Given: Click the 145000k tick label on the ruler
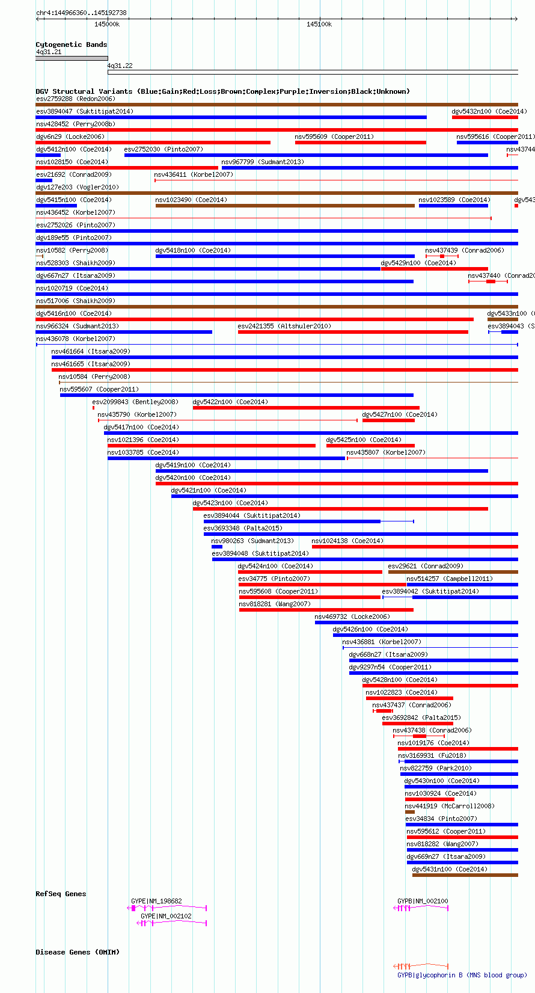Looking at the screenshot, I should pos(107,24).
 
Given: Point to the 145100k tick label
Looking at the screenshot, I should pos(319,24).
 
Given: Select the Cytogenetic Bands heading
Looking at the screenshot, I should pos(71,45).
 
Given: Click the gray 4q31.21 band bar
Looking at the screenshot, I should pos(72,58).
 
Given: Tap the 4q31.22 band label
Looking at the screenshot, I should pos(120,66).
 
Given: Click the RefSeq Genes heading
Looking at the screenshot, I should pos(61,894).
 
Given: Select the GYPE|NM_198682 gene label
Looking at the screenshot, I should pos(156,901).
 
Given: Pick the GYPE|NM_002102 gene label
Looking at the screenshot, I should pos(166,916).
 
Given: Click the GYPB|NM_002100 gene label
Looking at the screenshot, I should pos(423,901).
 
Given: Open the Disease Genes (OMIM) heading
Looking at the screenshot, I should pos(78,952).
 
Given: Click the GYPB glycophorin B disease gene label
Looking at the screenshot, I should pos(462,975).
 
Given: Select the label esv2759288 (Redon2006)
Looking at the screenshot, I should pos(75,99).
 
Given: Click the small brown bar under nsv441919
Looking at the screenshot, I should pos(410,812).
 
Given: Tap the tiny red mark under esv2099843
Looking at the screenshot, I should pos(93,408).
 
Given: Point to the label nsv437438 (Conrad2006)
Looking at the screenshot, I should pos(432,730).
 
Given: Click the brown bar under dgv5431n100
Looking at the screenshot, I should pos(465,875).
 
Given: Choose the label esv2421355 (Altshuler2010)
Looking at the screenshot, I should pos(284,326).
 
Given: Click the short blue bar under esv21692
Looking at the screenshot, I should pos(44,180).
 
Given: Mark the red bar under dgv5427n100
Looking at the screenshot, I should pos(388,420).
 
